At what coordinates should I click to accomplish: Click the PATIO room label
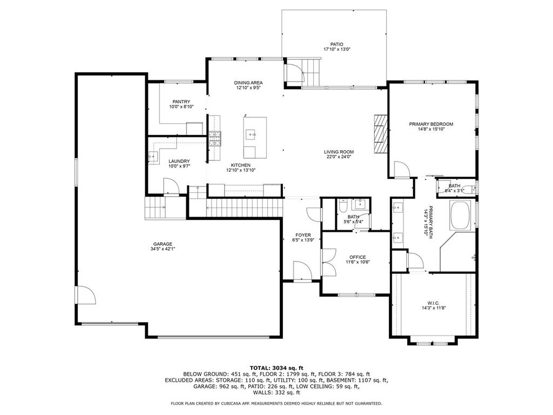pos(336,44)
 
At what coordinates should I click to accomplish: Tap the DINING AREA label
pos(248,83)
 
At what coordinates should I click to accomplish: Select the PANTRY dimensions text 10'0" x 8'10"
pos(181,106)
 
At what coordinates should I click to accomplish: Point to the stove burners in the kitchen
pos(214,139)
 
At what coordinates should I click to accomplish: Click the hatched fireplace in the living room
pos(380,134)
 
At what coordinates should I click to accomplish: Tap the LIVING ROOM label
pos(339,152)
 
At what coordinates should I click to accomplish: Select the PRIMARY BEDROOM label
pos(431,124)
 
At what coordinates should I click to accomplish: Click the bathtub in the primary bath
pos(460,216)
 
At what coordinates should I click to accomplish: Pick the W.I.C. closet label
pos(433,303)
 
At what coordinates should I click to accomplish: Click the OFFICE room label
pos(358,257)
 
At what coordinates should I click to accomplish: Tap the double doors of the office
pos(329,263)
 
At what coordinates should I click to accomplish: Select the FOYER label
pos(304,235)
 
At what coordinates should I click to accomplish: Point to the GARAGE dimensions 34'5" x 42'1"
pos(163,249)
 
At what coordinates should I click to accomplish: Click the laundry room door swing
pos(171,186)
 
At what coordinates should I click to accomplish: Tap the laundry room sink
pos(152,157)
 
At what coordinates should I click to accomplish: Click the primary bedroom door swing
pos(401,169)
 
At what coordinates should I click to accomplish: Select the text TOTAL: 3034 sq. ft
pos(276,368)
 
